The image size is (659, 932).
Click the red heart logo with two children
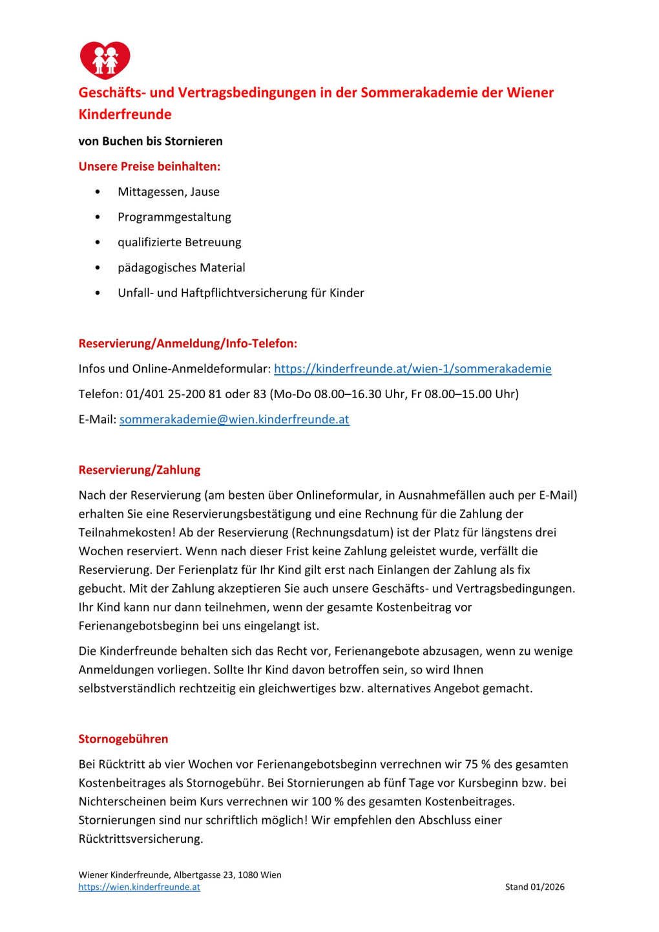click(x=105, y=60)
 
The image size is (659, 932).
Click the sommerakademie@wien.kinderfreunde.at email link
click(x=234, y=419)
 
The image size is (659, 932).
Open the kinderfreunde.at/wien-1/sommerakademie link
click(x=412, y=369)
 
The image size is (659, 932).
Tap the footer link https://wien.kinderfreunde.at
click(x=139, y=887)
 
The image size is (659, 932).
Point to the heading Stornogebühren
click(x=123, y=739)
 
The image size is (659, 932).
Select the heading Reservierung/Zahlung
click(x=139, y=470)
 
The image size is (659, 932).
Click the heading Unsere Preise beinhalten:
click(x=149, y=167)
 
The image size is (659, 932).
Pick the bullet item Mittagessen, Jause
click(x=168, y=192)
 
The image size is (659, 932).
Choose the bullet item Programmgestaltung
click(x=174, y=217)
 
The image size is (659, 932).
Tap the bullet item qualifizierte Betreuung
click(x=179, y=242)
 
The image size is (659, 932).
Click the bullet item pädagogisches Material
click(x=181, y=268)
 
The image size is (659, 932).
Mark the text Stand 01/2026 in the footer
click(x=534, y=887)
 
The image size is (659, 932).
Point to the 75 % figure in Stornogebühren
click(x=477, y=765)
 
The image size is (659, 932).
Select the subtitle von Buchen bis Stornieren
click(x=150, y=142)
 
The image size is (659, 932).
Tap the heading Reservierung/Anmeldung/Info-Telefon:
click(x=187, y=344)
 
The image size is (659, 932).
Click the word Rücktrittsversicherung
click(x=140, y=840)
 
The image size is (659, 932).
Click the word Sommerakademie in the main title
click(x=419, y=93)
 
